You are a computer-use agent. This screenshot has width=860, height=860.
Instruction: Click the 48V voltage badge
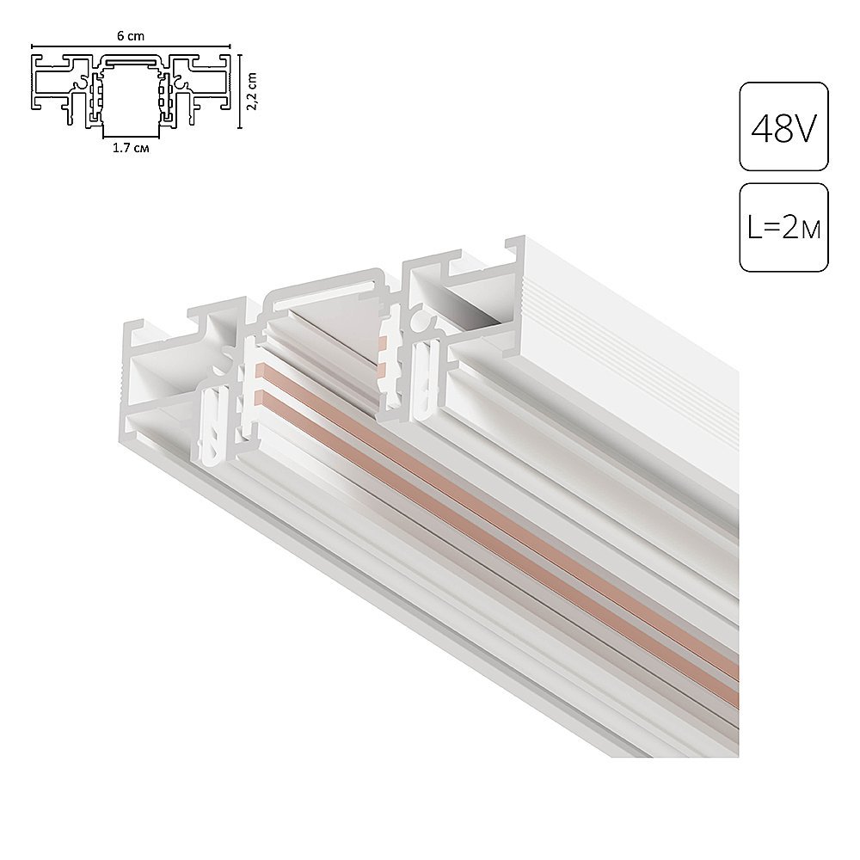click(x=783, y=126)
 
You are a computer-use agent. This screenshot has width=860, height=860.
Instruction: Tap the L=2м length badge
click(x=783, y=228)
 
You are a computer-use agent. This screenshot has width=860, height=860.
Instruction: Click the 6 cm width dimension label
click(x=130, y=36)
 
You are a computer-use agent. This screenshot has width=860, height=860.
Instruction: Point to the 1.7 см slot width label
click(x=130, y=149)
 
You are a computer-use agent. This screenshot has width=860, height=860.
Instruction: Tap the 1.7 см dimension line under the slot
click(x=130, y=138)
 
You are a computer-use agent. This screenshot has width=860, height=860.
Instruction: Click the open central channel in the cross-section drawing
click(x=130, y=99)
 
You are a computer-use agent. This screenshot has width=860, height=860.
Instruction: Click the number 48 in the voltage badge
click(x=770, y=126)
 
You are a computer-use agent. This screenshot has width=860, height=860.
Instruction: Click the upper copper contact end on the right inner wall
click(x=380, y=338)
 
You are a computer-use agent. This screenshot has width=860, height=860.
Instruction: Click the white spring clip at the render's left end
click(x=212, y=426)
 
